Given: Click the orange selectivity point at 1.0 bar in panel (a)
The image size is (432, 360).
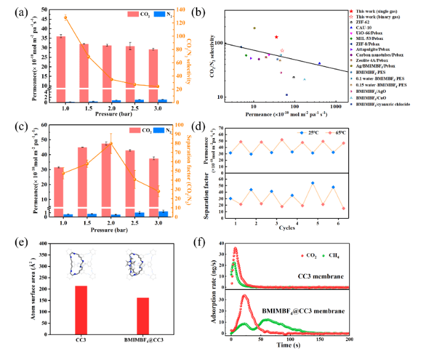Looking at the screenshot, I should pos(66,17).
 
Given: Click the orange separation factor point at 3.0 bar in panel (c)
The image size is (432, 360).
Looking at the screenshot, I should pos(157,191).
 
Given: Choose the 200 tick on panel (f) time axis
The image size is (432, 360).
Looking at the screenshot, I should pos(348,339).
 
